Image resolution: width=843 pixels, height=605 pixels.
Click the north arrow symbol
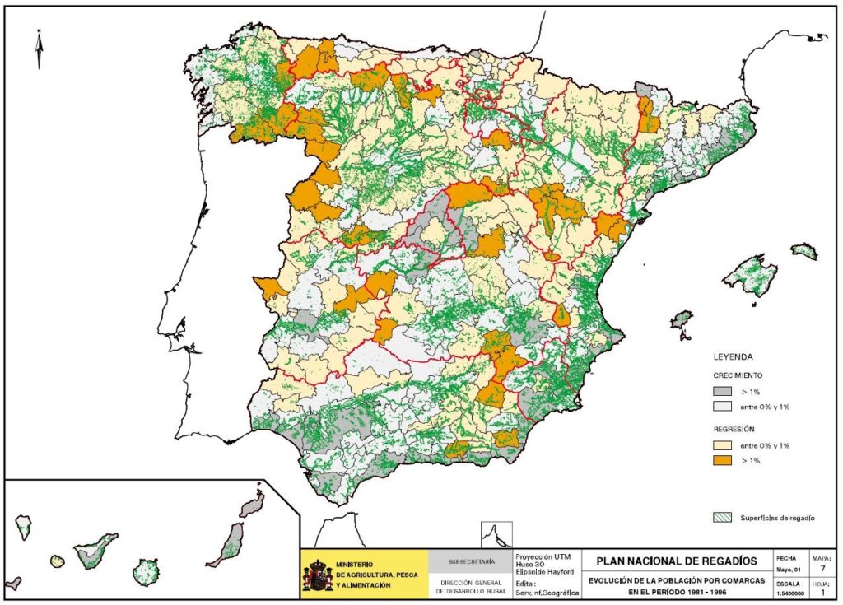pyautogui.click(x=39, y=49)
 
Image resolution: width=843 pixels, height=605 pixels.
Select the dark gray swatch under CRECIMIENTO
pyautogui.click(x=722, y=391)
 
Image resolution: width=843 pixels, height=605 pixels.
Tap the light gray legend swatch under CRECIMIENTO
pyautogui.click(x=722, y=407)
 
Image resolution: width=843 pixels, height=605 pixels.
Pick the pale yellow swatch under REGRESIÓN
pyautogui.click(x=722, y=445)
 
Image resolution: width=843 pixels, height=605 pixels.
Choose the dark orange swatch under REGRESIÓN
pyautogui.click(x=722, y=461)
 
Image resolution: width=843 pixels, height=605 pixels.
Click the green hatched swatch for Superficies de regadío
pyautogui.click(x=722, y=518)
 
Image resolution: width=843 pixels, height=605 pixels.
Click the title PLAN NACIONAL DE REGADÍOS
pyautogui.click(x=677, y=561)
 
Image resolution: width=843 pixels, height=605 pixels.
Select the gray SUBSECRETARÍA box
pyautogui.click(x=471, y=562)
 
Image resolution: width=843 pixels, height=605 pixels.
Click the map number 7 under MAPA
pyautogui.click(x=821, y=569)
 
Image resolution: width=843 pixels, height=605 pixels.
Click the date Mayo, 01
pyautogui.click(x=786, y=569)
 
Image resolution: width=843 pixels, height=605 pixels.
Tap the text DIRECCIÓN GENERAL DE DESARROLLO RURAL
pyautogui.click(x=471, y=586)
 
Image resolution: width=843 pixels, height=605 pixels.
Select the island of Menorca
pyautogui.click(x=804, y=251)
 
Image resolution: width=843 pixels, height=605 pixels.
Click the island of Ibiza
pyautogui.click(x=682, y=319)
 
